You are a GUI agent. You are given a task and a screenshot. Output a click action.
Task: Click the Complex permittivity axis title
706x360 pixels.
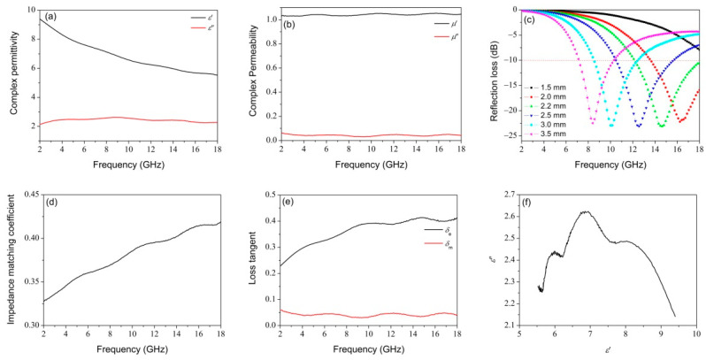click(x=11, y=74)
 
